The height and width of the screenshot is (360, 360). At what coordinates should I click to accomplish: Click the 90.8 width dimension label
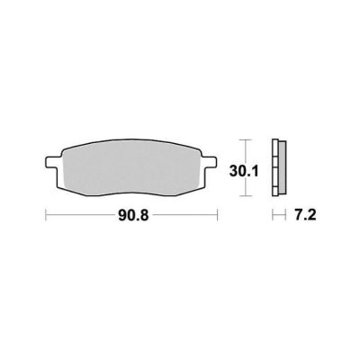click(133, 215)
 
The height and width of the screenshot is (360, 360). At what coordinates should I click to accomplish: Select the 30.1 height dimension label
click(244, 172)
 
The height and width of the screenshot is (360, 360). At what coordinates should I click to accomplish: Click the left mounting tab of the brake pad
click(51, 162)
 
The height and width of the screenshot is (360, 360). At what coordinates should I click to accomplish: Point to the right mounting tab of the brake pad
click(209, 162)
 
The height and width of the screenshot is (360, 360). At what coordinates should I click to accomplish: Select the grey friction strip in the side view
click(283, 167)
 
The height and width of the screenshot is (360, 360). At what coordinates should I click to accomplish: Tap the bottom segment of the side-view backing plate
click(275, 192)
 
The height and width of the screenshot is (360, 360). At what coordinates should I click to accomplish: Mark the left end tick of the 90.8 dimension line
click(46, 215)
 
